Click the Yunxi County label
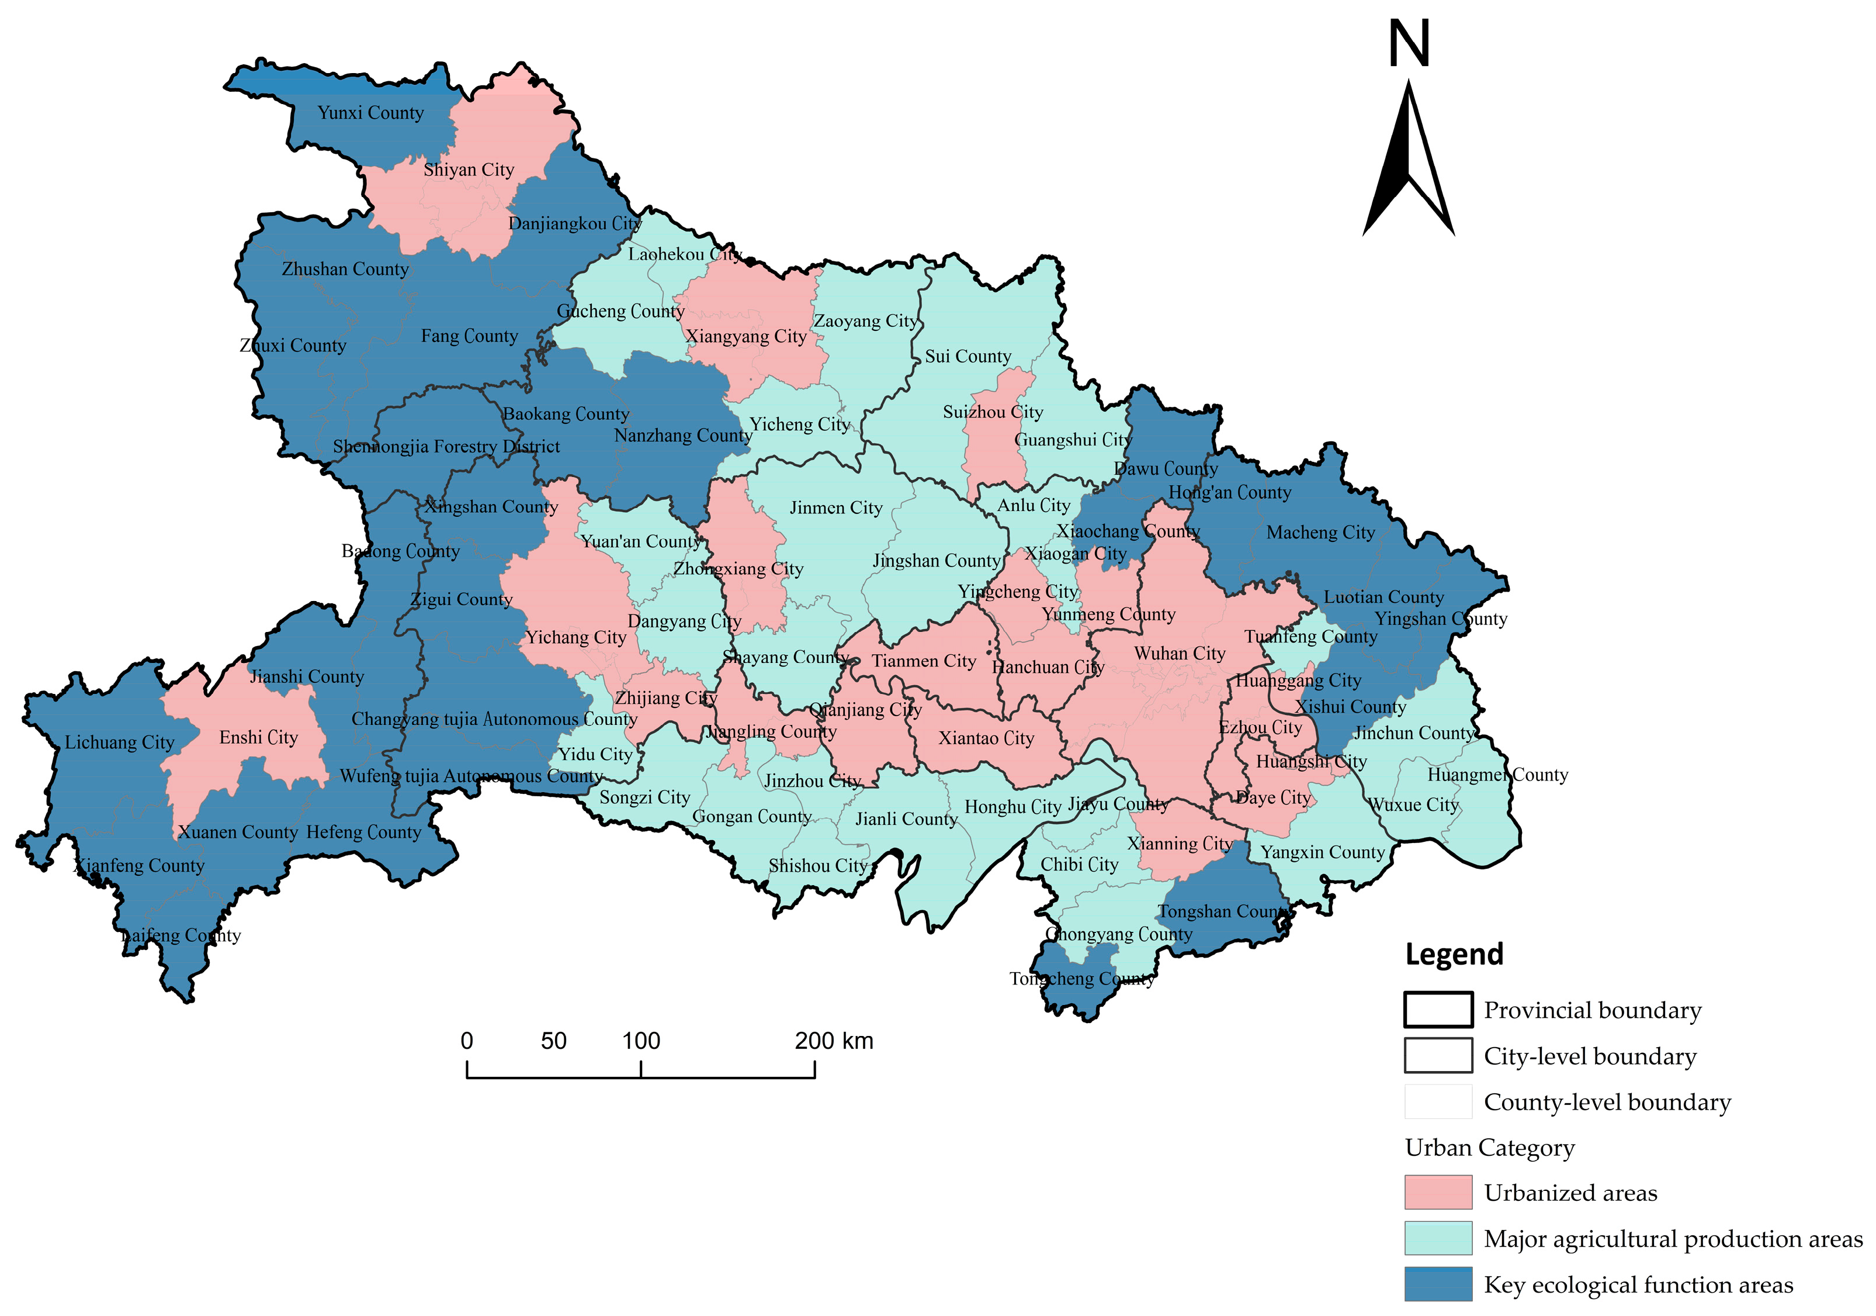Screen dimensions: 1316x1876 (370, 113)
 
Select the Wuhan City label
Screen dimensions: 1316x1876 (1179, 654)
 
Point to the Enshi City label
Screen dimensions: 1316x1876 (258, 737)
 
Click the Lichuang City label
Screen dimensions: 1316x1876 (119, 742)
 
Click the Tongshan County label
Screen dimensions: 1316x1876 (1222, 911)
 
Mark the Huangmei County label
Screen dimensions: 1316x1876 (1497, 774)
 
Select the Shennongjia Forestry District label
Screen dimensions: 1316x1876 (446, 446)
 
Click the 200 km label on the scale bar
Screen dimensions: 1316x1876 (833, 1041)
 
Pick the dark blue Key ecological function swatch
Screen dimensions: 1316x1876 (1438, 1283)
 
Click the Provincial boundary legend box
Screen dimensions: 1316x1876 (1438, 1010)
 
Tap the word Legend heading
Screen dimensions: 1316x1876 (1454, 954)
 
